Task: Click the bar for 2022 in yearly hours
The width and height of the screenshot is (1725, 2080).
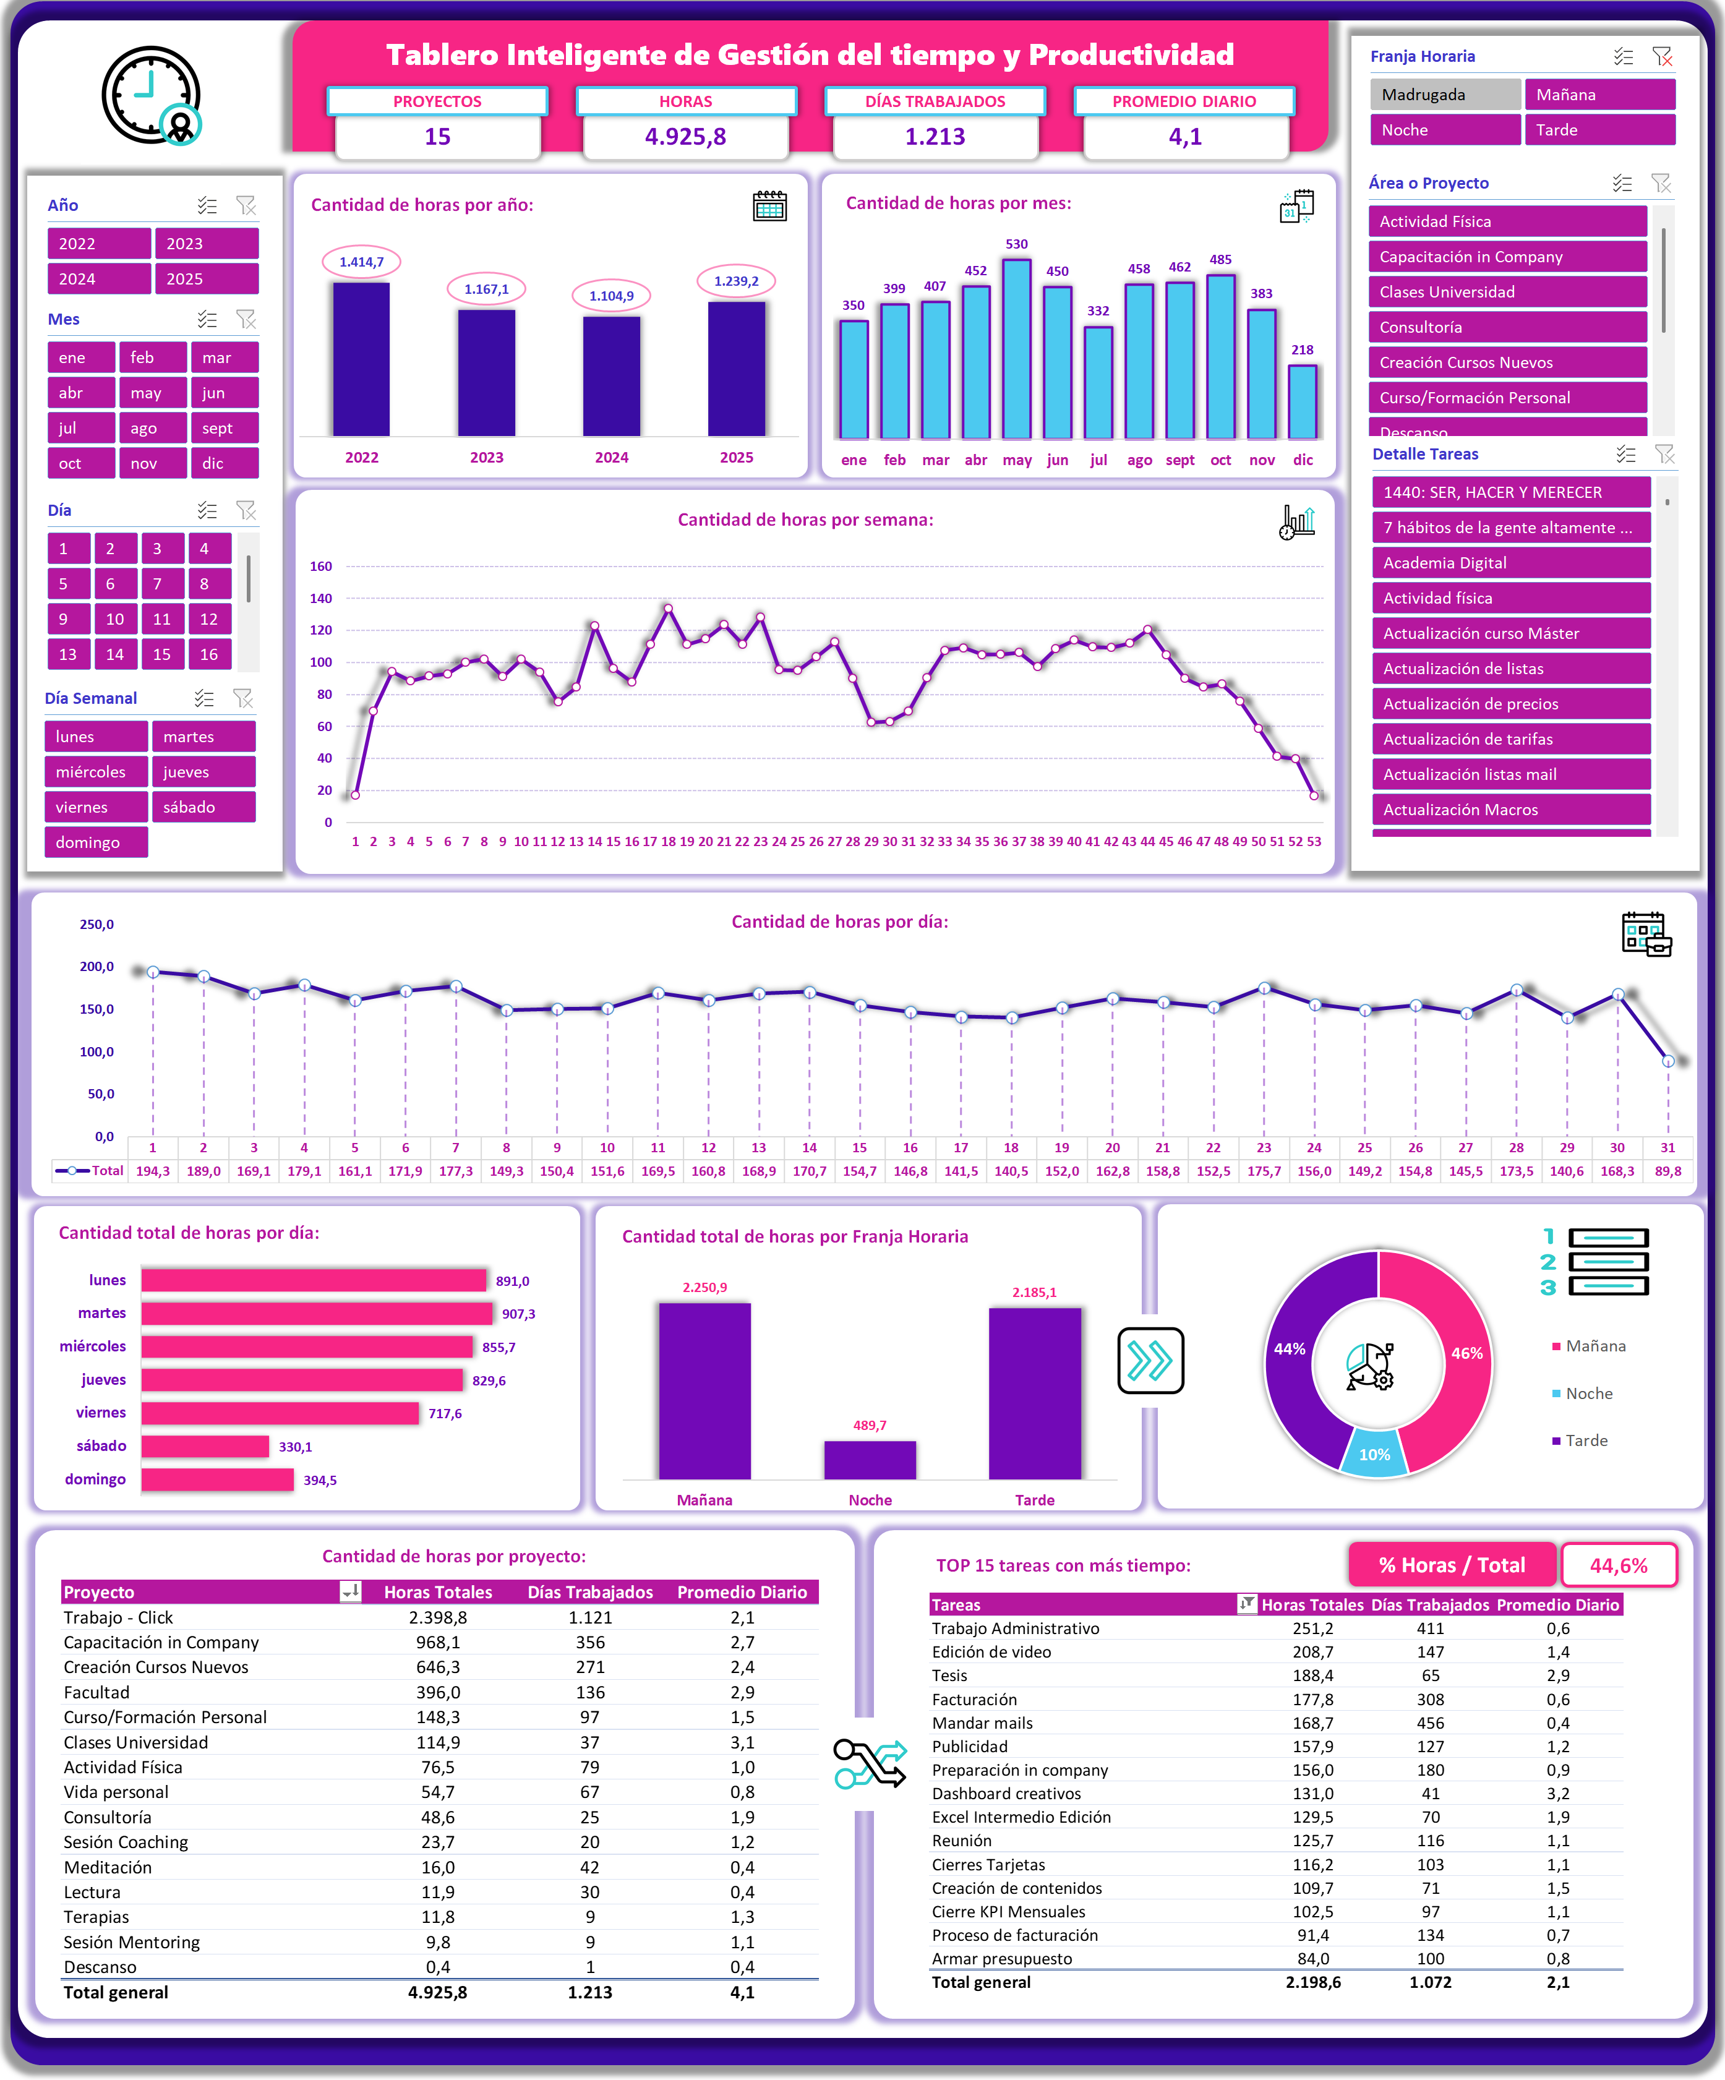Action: click(x=361, y=359)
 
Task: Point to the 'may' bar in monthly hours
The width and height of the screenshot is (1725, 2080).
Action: click(x=1017, y=349)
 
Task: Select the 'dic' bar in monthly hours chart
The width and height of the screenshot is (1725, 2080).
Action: click(x=1302, y=401)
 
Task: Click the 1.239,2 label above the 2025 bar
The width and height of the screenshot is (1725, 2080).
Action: click(x=736, y=281)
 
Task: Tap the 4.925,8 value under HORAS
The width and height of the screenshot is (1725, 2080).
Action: click(x=685, y=137)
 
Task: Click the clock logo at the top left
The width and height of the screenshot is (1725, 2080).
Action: click(x=152, y=96)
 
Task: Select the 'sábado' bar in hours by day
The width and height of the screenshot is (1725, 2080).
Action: click(x=205, y=1446)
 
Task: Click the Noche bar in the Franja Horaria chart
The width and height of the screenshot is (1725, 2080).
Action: click(x=870, y=1460)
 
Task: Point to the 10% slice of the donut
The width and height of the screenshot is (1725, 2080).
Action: click(x=1374, y=1453)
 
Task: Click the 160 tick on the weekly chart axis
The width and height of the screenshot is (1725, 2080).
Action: click(x=321, y=567)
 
